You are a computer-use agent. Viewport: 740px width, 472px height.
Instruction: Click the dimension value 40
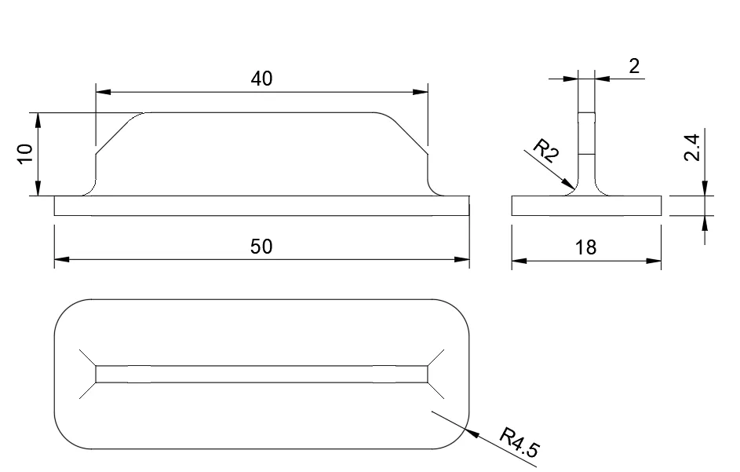[261, 79]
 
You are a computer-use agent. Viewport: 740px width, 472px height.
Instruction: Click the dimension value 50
[261, 247]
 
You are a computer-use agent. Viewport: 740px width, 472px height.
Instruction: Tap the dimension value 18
[585, 248]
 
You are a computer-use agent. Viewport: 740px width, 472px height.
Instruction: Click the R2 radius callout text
[545, 150]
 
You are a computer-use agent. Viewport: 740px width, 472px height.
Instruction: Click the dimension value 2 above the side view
[634, 66]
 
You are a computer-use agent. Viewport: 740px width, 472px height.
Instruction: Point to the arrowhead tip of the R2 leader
[574, 188]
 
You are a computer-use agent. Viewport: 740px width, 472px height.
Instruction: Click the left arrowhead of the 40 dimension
[97, 93]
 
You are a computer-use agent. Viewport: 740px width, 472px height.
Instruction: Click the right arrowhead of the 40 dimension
[426, 93]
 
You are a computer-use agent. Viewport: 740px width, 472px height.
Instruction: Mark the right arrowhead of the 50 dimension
[467, 258]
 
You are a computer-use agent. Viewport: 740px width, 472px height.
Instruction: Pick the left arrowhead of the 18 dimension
[514, 260]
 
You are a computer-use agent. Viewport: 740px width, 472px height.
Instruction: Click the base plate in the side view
[586, 206]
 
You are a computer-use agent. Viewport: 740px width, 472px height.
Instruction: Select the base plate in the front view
[261, 206]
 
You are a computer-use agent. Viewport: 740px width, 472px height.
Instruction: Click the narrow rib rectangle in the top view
[261, 374]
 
